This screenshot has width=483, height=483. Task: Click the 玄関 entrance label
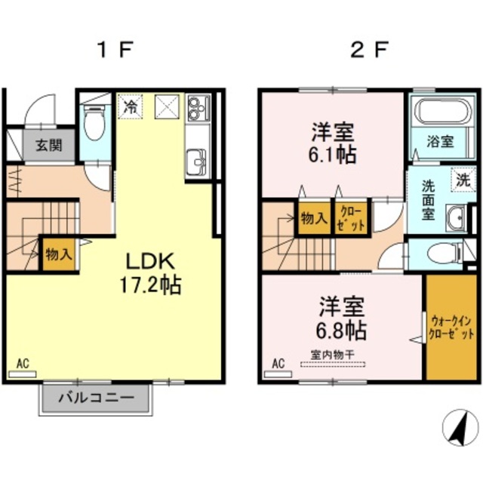pyautogui.click(x=49, y=146)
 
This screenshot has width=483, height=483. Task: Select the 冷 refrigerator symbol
pyautogui.click(x=131, y=106)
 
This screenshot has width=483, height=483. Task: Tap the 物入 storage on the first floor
pyautogui.click(x=59, y=254)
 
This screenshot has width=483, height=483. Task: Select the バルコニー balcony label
pyautogui.click(x=97, y=398)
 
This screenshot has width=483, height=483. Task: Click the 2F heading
pyautogui.click(x=368, y=49)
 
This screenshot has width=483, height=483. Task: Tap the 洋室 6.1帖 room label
pyautogui.click(x=333, y=143)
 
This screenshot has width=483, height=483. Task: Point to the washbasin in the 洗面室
pyautogui.click(x=457, y=218)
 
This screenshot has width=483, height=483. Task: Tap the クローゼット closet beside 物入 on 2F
pyautogui.click(x=351, y=218)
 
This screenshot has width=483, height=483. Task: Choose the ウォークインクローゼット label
pyautogui.click(x=451, y=328)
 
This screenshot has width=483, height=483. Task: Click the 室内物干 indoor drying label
pyautogui.click(x=332, y=355)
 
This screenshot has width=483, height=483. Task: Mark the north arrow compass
pyautogui.click(x=460, y=428)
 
